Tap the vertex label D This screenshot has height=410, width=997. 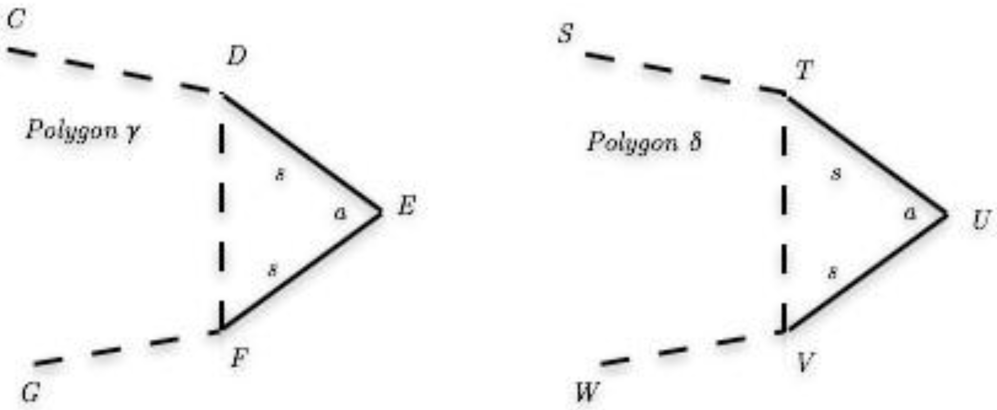coord(237,57)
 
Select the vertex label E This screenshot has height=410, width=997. coord(407,206)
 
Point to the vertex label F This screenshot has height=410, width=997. coord(239,358)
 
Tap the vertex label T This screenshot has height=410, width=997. coord(804,71)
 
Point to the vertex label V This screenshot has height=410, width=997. coord(806,362)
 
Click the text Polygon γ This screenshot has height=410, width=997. coord(83,130)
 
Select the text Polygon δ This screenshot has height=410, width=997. coord(645,142)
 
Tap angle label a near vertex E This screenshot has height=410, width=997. coord(340,213)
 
